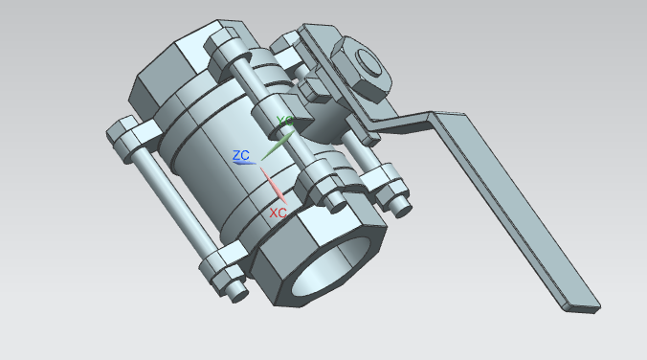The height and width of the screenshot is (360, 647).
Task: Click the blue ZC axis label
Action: pyautogui.click(x=241, y=155)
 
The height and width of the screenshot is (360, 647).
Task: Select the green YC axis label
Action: pyautogui.click(x=284, y=121)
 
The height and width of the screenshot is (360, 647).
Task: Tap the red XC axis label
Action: pyautogui.click(x=278, y=213)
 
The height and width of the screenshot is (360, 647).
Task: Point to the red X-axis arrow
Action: pyautogui.click(x=273, y=186)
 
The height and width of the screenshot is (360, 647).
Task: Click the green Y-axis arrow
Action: pyautogui.click(x=278, y=146)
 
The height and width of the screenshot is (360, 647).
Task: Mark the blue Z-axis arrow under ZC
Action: pyautogui.click(x=244, y=163)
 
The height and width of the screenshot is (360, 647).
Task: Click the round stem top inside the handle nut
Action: pyautogui.click(x=368, y=62)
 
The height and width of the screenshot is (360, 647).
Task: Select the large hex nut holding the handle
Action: pyautogui.click(x=361, y=69)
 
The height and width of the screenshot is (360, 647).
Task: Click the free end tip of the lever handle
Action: pyautogui.click(x=582, y=308)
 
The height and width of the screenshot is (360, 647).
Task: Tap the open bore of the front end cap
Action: pyautogui.click(x=330, y=265)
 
